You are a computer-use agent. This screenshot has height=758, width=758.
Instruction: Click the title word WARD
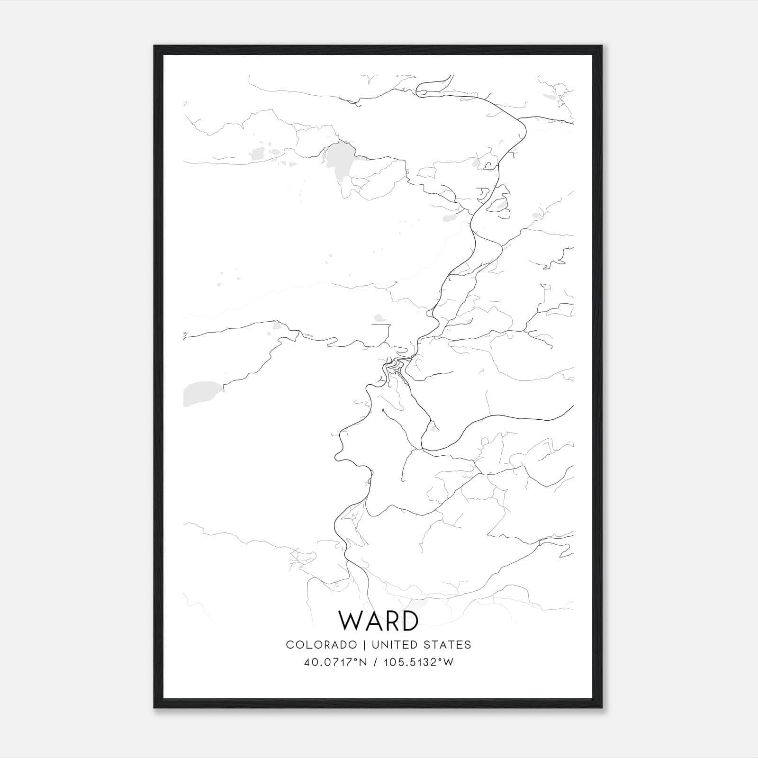(379, 621)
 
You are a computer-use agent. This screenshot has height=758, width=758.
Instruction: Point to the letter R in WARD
(391, 621)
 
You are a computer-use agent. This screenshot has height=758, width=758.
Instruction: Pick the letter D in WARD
(409, 621)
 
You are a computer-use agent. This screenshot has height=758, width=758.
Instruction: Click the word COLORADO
(321, 645)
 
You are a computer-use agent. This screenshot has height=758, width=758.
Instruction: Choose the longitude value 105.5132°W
(418, 662)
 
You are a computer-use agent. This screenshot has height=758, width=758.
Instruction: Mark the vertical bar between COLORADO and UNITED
(364, 645)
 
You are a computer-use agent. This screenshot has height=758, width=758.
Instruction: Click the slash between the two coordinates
(375, 662)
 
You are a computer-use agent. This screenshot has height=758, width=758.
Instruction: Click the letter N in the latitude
(363, 662)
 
